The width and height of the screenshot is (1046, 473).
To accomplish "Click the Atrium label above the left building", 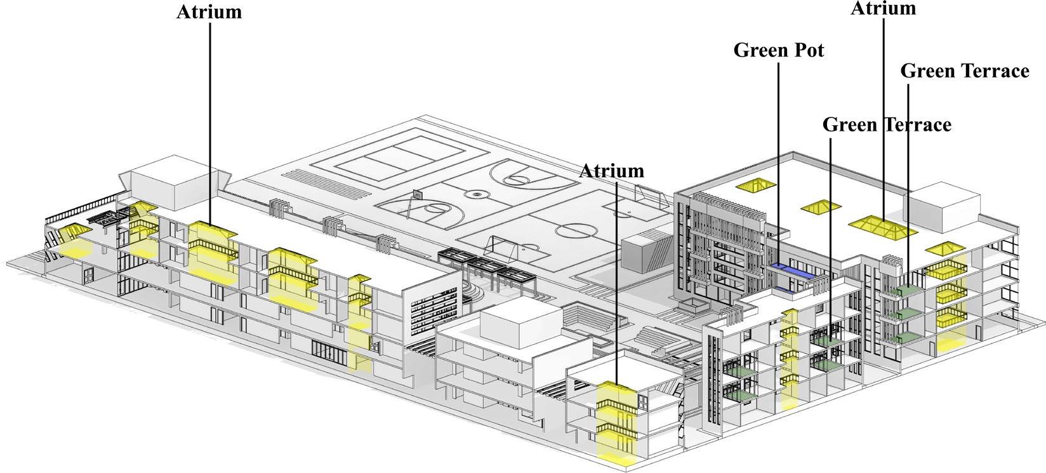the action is [209, 12].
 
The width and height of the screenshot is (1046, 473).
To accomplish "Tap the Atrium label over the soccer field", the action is [612, 171].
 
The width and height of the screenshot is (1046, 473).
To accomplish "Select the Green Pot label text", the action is [779, 50].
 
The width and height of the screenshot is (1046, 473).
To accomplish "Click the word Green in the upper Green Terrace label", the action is [927, 71].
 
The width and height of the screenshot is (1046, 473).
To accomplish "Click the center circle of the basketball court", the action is [476, 193].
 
